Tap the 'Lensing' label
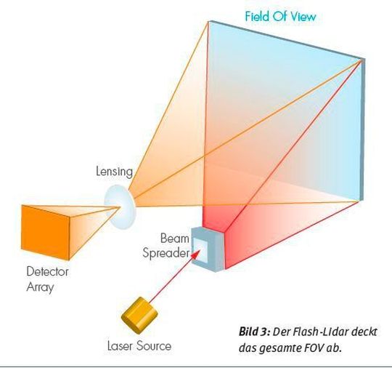pos(114,172)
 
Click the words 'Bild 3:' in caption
pos(253,332)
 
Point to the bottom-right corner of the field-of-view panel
pos(361,199)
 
